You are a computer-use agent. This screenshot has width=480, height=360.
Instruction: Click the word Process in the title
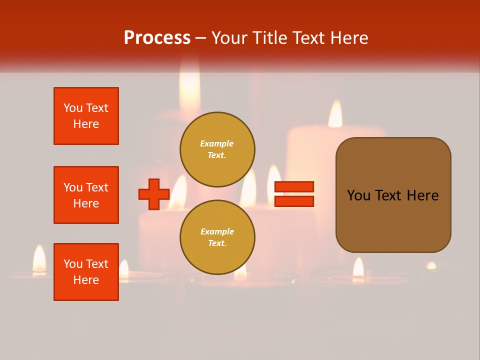(157, 38)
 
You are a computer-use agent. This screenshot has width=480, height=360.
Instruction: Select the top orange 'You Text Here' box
(86, 116)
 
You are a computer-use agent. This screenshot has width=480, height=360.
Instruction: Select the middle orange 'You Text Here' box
(86, 195)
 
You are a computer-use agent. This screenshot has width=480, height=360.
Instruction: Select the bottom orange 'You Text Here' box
(86, 272)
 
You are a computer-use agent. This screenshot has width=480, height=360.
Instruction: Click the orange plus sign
(154, 194)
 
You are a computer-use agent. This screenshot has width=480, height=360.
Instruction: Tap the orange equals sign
(294, 194)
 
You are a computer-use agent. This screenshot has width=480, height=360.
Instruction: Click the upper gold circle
(217, 149)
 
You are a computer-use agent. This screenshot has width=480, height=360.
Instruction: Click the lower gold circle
(217, 237)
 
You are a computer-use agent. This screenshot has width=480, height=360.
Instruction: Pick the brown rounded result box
(393, 195)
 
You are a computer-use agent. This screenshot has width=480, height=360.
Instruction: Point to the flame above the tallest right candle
(335, 114)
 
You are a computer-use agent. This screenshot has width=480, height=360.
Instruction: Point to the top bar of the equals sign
(294, 187)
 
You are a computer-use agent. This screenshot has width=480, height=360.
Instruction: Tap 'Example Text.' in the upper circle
(217, 149)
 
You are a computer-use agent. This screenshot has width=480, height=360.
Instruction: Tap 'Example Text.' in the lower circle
(217, 237)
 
